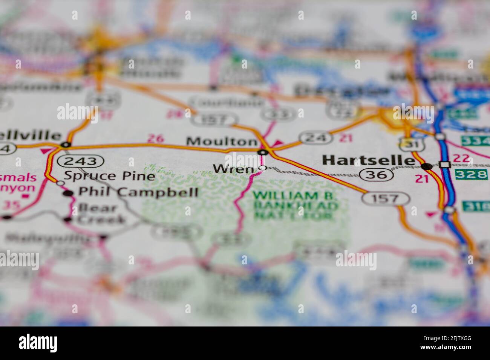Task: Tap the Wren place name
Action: pos(233,169)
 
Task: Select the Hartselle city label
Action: pos(368,160)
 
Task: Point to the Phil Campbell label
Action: pos(138,192)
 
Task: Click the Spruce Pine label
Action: pos(109,176)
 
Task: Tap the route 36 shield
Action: pos(376,174)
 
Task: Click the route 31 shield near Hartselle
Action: pos(408,143)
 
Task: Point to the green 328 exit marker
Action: pos(471,174)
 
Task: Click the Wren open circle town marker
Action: pos(263,168)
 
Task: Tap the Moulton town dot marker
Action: pos(263,152)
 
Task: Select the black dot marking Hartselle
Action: pos(426,166)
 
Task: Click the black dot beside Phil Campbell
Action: pos(68,193)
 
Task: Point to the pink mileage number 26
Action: pos(155,139)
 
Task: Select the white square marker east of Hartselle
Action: pos(445,165)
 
